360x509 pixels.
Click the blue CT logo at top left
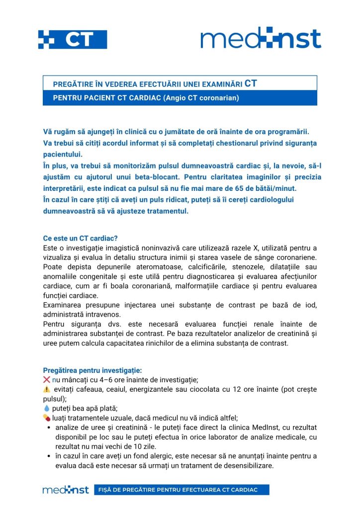point(73,39)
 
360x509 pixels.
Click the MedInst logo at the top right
point(261,38)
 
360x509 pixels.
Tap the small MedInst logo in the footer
point(66,490)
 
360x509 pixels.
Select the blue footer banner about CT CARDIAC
point(181,490)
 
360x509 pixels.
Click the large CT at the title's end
point(251,83)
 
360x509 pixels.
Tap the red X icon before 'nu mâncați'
point(47,380)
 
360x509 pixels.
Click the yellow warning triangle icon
point(47,389)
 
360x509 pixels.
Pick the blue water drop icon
point(47,408)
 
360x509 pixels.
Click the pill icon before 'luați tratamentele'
point(47,418)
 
